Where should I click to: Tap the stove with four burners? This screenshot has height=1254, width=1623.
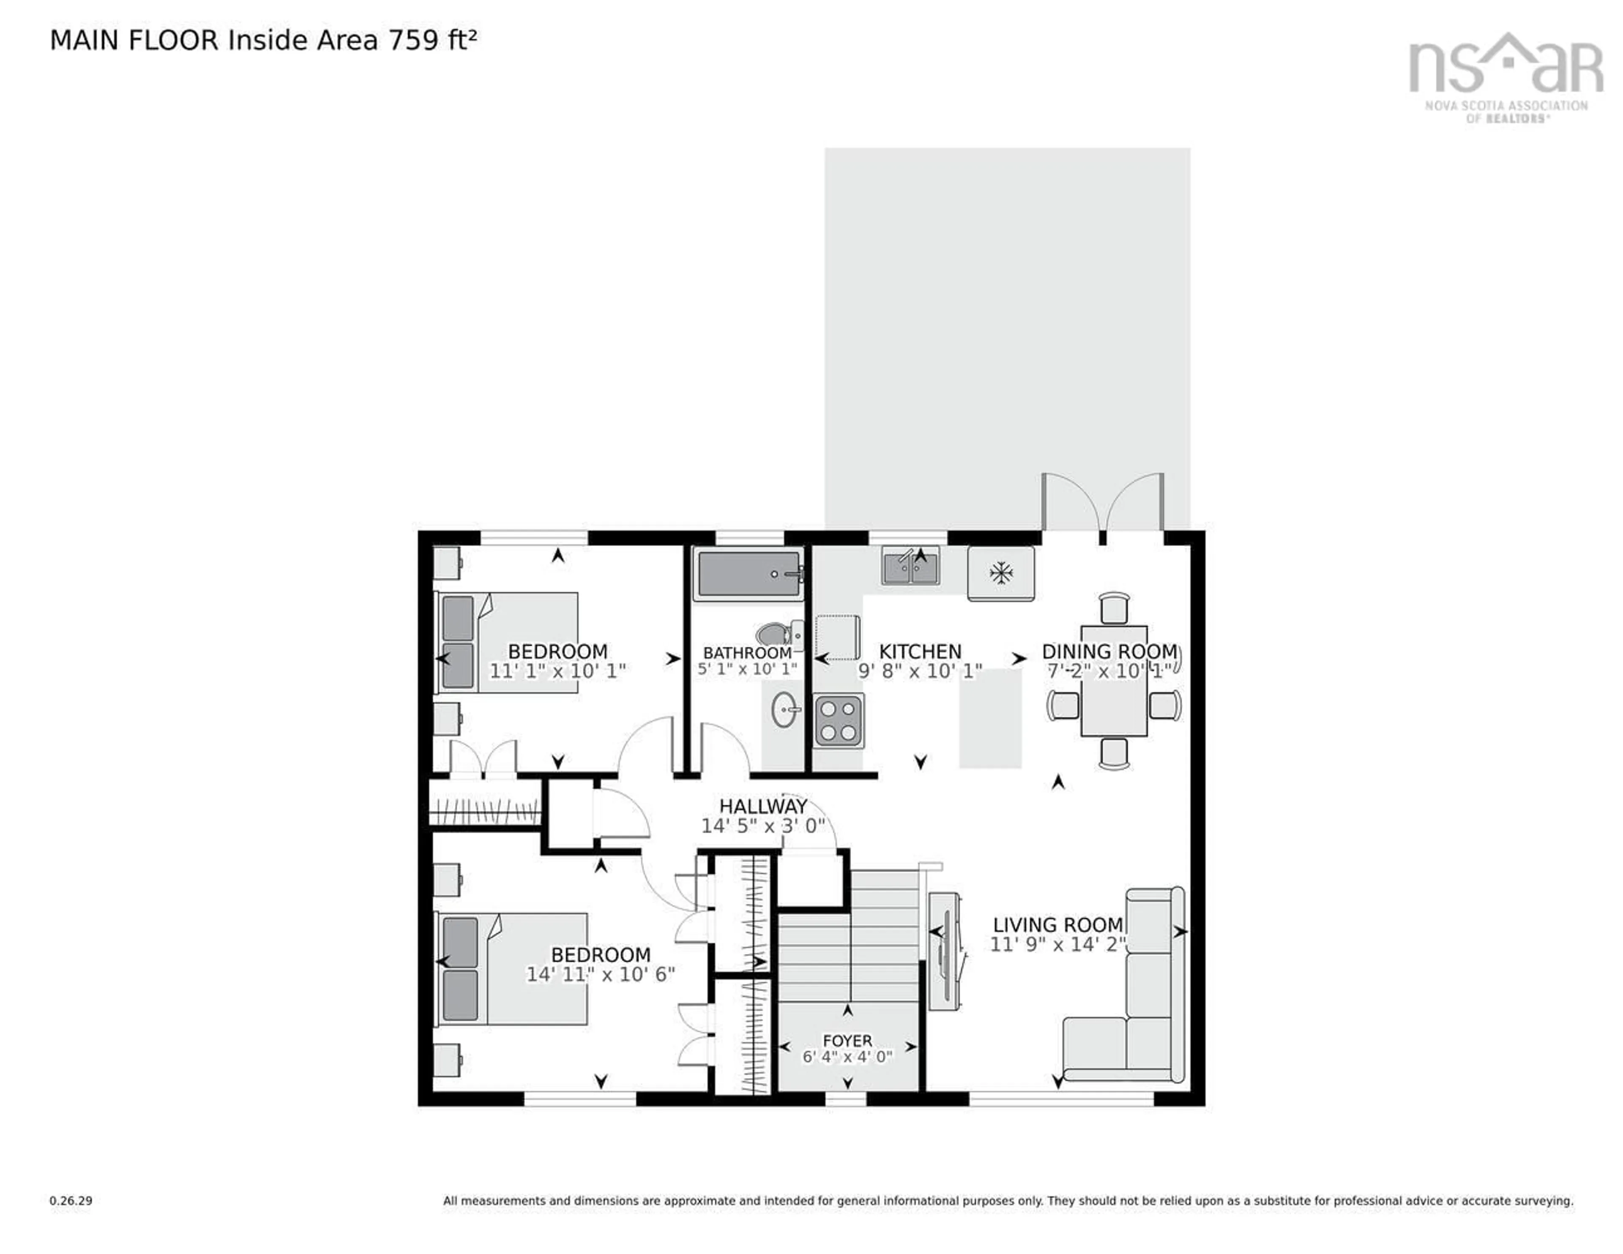click(x=838, y=721)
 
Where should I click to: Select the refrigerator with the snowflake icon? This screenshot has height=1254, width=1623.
click(x=1000, y=573)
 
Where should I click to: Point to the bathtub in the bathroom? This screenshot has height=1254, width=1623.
click(x=749, y=573)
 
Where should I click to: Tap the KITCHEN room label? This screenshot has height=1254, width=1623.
click(x=920, y=652)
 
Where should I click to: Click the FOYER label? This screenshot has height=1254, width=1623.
click(x=847, y=1041)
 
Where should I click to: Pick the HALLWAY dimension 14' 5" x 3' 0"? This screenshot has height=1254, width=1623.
click(x=763, y=826)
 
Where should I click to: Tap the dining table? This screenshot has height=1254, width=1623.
click(x=1113, y=690)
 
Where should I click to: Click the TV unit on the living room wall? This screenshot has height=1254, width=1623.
click(x=944, y=951)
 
